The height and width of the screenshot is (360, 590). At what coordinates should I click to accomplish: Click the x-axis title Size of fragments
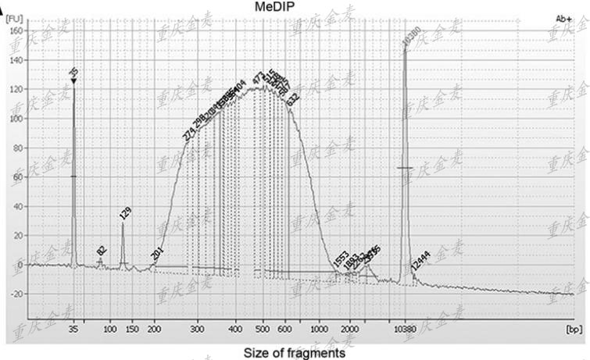coord(294,353)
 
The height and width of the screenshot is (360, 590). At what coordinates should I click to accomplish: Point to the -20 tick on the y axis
coord(15,294)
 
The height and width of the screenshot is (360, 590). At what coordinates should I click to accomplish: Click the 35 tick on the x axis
coord(73,329)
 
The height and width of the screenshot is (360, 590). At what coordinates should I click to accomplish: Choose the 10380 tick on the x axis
coord(404,329)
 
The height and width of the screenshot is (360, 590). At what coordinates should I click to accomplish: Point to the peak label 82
coord(102,251)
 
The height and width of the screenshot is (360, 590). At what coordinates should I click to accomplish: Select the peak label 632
coord(292,99)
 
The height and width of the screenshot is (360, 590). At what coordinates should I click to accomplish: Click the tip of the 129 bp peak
coord(123,225)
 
